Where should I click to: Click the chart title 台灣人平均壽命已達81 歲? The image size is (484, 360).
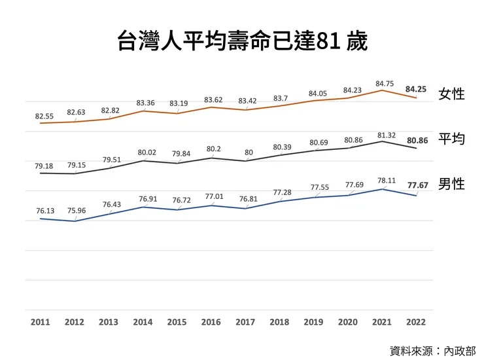(x=242, y=41)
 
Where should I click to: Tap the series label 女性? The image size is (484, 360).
(x=451, y=94)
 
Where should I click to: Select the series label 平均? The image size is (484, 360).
(x=451, y=139)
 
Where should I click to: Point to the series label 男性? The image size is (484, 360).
(x=451, y=184)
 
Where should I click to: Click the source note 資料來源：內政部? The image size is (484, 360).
(x=433, y=350)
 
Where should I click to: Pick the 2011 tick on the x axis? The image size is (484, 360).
(x=40, y=322)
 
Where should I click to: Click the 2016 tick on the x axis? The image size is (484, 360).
(x=211, y=322)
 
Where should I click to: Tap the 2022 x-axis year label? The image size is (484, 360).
(x=416, y=322)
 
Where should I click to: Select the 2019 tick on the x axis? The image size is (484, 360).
(x=313, y=322)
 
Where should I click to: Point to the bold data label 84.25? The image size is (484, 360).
(x=417, y=88)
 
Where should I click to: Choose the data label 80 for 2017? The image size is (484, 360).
(x=249, y=153)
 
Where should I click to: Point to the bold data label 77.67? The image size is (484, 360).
(x=417, y=185)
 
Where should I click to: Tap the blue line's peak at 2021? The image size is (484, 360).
(x=382, y=189)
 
